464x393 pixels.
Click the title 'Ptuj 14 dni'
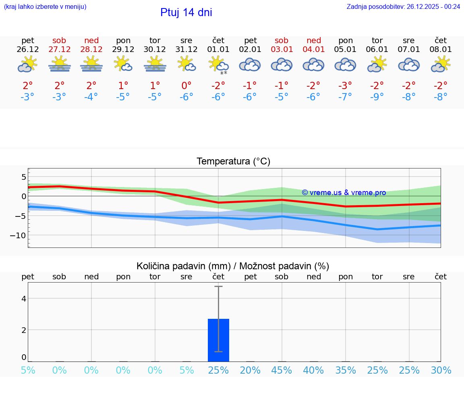pyautogui.click(x=186, y=12)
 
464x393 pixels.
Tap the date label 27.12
pyautogui.click(x=59, y=50)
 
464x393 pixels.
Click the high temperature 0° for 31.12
pyautogui.click(x=186, y=85)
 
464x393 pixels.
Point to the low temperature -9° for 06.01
pyautogui.click(x=377, y=97)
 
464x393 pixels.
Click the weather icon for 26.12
pyautogui.click(x=27, y=64)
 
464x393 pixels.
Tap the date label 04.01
pyautogui.click(x=314, y=50)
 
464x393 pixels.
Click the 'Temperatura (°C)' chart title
pyautogui.click(x=233, y=162)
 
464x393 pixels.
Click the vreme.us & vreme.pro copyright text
pyautogui.click(x=344, y=193)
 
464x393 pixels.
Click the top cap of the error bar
pyautogui.click(x=218, y=286)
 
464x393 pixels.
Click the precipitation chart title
pyautogui.click(x=233, y=266)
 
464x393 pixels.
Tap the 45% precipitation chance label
pyautogui.click(x=282, y=370)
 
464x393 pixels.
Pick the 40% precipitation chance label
pyautogui.click(x=313, y=370)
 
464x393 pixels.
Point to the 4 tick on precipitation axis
pyautogui.click(x=24, y=299)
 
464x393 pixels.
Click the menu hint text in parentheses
pyautogui.click(x=45, y=6)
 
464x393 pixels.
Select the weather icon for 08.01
pyautogui.click(x=440, y=64)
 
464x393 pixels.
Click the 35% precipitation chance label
pyautogui.click(x=346, y=370)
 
